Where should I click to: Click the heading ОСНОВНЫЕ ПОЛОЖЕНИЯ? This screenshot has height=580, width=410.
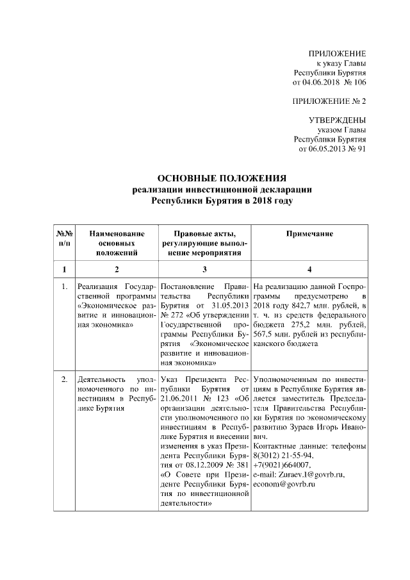tap(222, 178)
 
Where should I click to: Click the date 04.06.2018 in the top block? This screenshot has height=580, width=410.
tap(326, 82)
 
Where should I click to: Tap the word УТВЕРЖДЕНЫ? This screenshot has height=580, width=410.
tap(338, 120)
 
